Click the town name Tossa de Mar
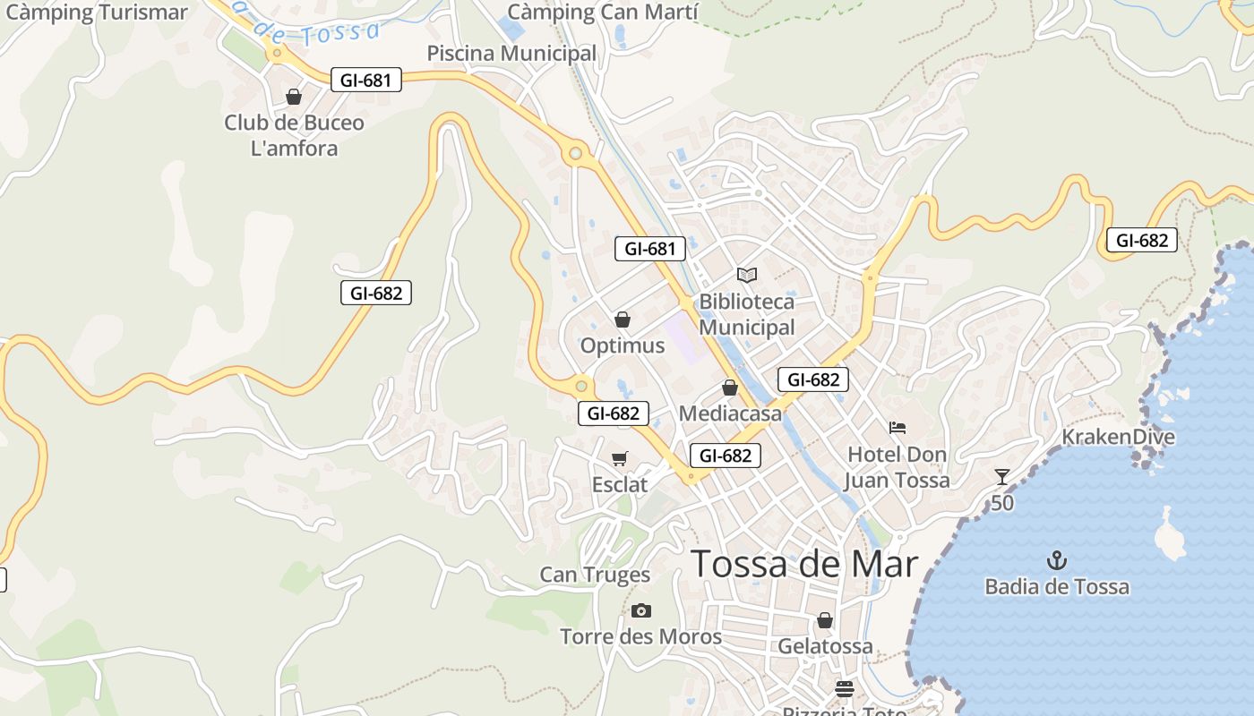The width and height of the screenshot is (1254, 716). [x=804, y=564]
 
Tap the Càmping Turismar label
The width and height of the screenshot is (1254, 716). [x=96, y=12]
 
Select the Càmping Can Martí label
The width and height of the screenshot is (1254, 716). [x=601, y=12]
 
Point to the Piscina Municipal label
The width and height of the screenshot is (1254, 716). [x=511, y=53]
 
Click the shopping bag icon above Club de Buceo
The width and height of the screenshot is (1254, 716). [x=294, y=97]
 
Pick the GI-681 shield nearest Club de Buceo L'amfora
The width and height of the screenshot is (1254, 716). [x=365, y=80]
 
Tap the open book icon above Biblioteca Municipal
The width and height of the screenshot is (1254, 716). [x=747, y=275]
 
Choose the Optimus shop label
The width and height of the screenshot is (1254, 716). [x=623, y=345]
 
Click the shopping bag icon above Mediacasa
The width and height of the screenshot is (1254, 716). [x=730, y=388]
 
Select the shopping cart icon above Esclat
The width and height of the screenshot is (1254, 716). [x=619, y=458]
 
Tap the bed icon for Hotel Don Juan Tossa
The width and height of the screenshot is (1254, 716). [x=898, y=428]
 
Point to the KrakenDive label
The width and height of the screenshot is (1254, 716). [x=1118, y=437]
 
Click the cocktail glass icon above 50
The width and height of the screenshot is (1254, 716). [x=1002, y=476]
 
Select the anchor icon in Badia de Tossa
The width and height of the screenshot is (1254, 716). [x=1057, y=560]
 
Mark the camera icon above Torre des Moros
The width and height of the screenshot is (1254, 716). [x=640, y=610]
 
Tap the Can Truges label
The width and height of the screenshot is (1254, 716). [x=595, y=575]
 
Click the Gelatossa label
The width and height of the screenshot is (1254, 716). [x=825, y=645]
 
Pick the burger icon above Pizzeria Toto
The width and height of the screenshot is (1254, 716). [x=844, y=688]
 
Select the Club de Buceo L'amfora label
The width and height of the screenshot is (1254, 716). [x=294, y=135]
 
